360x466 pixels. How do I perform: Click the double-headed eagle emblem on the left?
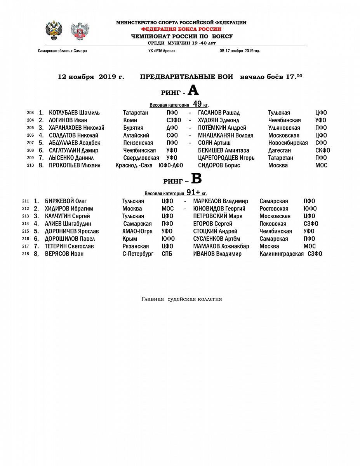pos(54,31)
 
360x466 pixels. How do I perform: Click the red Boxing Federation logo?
pos(80,31)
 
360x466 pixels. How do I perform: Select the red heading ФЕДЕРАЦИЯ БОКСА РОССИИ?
pos(181,29)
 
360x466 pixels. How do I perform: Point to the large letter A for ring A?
pos(193,91)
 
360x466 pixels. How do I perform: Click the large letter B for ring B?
pos(197,179)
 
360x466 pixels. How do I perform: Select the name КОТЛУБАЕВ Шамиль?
pos(74,113)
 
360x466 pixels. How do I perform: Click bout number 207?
pos(31,143)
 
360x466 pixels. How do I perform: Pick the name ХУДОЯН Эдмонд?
pos(219,120)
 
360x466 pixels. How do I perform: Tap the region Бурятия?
pos(133,128)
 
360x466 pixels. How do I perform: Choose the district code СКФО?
pos(323,150)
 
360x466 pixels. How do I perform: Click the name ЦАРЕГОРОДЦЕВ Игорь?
pos(226,158)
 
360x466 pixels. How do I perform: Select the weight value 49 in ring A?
pos(197,104)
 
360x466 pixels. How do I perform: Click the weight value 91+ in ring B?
pos(193,193)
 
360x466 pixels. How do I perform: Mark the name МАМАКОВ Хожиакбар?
pos(221,246)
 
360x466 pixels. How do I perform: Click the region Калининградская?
pos(282,254)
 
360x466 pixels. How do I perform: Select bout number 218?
pos(26,254)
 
